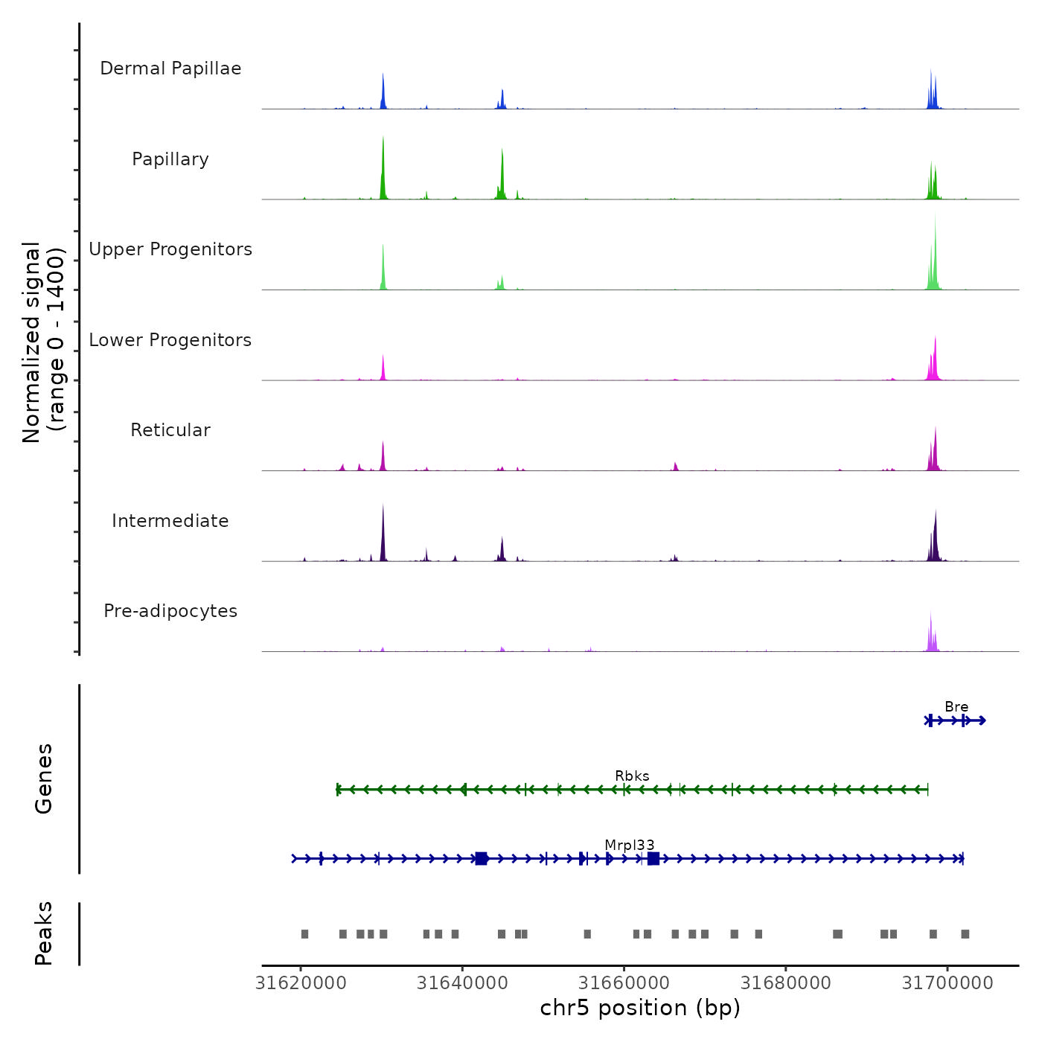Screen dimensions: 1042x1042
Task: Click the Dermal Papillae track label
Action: (170, 68)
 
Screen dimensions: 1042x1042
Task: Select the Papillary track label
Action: (170, 159)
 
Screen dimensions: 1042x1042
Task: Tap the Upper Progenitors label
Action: (170, 249)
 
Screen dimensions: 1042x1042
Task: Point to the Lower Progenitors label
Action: (170, 340)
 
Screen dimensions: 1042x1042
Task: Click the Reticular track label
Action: (170, 430)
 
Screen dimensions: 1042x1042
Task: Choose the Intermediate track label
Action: (170, 521)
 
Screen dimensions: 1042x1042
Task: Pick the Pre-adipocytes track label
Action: (170, 611)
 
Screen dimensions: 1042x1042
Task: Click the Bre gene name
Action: (956, 707)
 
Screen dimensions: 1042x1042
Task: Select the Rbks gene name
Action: (632, 776)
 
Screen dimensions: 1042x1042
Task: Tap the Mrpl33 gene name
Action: (630, 846)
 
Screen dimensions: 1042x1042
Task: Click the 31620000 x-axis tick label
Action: (301, 983)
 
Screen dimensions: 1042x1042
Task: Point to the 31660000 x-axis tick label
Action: (624, 983)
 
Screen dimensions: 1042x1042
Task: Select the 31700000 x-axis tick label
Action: (947, 983)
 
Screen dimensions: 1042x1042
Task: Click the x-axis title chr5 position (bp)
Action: (640, 1008)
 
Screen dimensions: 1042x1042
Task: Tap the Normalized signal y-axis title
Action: (43, 342)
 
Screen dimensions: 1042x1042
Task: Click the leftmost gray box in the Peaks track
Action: (304, 934)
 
